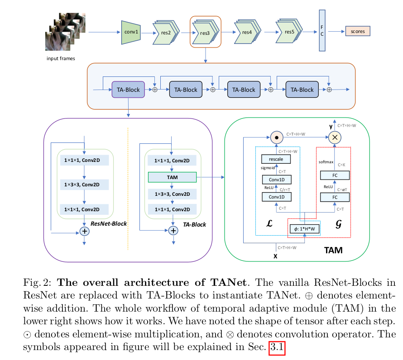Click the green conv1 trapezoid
click(x=131, y=32)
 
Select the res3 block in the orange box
click(x=205, y=32)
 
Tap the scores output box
click(x=357, y=31)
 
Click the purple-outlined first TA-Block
click(x=128, y=90)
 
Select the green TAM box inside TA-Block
click(x=172, y=177)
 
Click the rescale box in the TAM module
click(x=276, y=159)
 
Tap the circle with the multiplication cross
click(x=336, y=137)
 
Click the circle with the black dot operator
click(x=276, y=137)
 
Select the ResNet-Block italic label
click(x=109, y=223)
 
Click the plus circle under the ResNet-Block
click(x=84, y=232)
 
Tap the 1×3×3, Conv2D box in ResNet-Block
click(x=84, y=185)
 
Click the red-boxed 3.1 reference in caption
click(x=277, y=348)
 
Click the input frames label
click(x=61, y=58)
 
